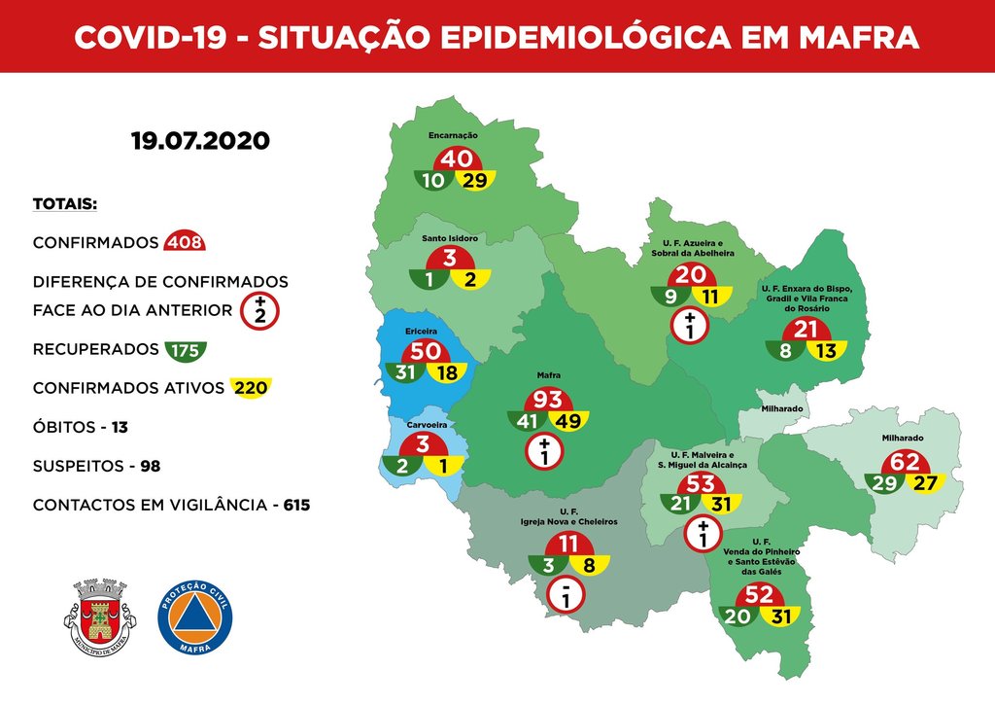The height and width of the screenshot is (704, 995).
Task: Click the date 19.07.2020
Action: (x=200, y=140)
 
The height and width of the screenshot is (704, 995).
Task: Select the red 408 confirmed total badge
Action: (x=185, y=242)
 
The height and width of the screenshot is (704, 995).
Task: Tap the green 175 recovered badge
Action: (x=185, y=349)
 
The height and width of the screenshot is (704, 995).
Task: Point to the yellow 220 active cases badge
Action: (x=249, y=388)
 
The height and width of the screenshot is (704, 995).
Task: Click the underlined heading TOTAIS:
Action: (x=64, y=205)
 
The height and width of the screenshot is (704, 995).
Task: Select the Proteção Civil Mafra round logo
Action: (x=194, y=617)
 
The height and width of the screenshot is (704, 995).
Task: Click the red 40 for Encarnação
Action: (x=457, y=159)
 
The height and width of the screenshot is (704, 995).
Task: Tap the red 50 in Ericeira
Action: (x=427, y=352)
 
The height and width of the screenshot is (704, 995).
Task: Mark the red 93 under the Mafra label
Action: (x=547, y=400)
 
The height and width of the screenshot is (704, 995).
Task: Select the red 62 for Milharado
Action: (x=905, y=462)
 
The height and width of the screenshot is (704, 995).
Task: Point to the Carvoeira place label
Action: (x=425, y=424)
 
